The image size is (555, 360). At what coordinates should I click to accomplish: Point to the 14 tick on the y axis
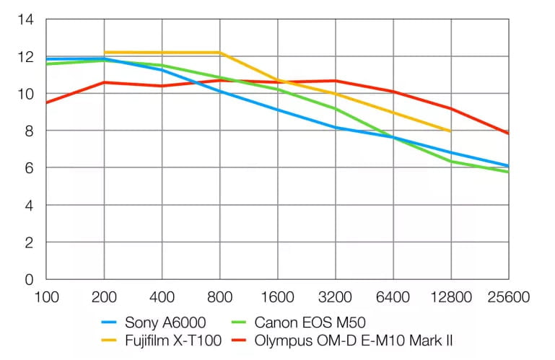[26, 19]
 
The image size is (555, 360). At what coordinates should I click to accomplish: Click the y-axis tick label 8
[30, 131]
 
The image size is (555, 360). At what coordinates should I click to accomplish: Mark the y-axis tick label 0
[30, 279]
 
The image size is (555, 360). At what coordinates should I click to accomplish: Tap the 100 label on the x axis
[46, 296]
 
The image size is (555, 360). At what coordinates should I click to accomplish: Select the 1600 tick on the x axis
[277, 296]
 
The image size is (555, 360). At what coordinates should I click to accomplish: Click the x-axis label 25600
[508, 296]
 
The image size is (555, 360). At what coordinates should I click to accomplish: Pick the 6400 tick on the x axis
[393, 296]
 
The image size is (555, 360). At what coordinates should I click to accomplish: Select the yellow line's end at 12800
[450, 131]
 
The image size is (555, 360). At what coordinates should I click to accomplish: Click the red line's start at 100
[46, 102]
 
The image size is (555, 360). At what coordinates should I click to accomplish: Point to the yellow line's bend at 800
[220, 53]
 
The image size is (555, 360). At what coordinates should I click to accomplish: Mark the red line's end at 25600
[508, 133]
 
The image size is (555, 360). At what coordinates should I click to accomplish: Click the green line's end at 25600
[508, 172]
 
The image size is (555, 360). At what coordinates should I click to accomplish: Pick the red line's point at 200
[104, 82]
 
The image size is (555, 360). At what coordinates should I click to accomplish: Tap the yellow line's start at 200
[104, 52]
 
